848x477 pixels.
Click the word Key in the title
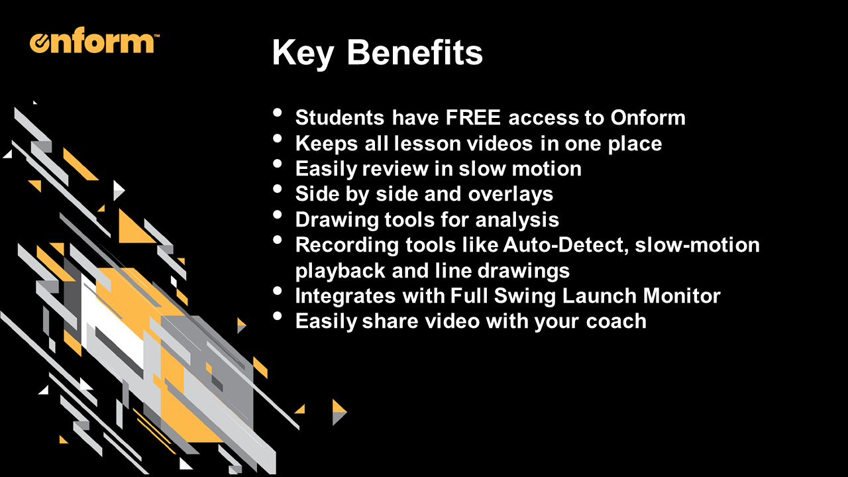(303, 53)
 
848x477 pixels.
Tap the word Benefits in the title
(415, 52)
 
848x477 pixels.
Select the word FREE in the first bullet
(473, 117)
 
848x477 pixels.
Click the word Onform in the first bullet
(648, 117)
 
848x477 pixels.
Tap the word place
(635, 144)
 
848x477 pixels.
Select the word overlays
(510, 195)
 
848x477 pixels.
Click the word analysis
(517, 221)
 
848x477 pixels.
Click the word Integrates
(345, 296)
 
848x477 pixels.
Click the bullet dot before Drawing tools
(278, 215)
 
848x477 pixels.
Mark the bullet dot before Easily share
(278, 316)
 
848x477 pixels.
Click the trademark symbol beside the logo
(157, 36)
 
